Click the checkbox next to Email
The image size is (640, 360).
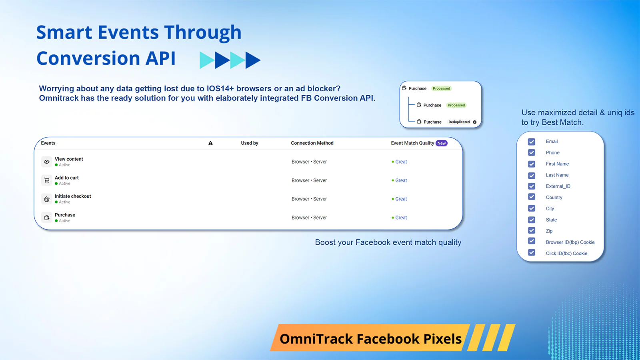click(532, 142)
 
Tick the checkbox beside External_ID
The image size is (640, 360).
click(532, 186)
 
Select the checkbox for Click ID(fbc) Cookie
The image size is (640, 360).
click(532, 252)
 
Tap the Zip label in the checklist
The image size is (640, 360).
click(549, 231)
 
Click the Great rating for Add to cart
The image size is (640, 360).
click(401, 180)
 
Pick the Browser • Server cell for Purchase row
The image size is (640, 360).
click(309, 218)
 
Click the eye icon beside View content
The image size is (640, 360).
click(47, 162)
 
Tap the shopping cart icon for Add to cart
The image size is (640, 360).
click(47, 180)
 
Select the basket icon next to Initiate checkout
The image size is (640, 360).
click(47, 199)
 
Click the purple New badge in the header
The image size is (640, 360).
click(442, 143)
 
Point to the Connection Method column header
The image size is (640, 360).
click(312, 143)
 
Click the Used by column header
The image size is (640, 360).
click(250, 143)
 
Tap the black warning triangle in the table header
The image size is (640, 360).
click(210, 143)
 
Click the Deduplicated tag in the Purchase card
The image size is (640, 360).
click(459, 122)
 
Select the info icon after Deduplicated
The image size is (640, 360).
click(475, 122)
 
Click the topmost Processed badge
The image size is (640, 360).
click(441, 88)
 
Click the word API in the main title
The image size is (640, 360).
click(160, 58)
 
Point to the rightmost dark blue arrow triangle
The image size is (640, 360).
click(252, 60)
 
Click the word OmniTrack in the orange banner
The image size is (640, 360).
click(316, 339)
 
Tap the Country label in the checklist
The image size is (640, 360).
click(554, 198)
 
